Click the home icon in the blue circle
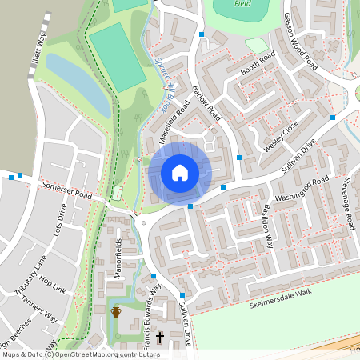click(x=180, y=172)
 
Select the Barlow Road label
click(x=207, y=104)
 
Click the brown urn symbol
click(x=116, y=311)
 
